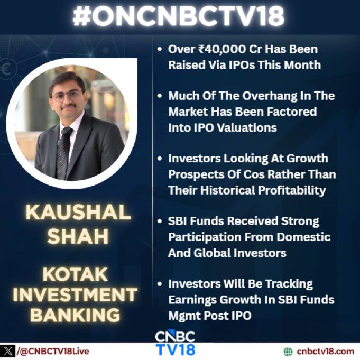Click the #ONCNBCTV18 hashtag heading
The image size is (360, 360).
pyautogui.click(x=178, y=16)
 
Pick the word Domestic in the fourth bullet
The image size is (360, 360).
pyautogui.click(x=303, y=237)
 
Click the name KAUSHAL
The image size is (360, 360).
pyautogui.click(x=78, y=213)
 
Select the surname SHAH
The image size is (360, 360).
pyautogui.click(x=78, y=236)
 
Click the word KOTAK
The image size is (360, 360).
pyautogui.click(x=75, y=274)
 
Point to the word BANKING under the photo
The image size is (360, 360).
pyautogui.click(x=75, y=315)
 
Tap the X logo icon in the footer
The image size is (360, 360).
pyautogui.click(x=8, y=351)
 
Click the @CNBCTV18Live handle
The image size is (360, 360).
pyautogui.click(x=53, y=352)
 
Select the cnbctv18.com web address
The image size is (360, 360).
pyautogui.click(x=325, y=352)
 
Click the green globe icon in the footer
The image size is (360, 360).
pyautogui.click(x=288, y=352)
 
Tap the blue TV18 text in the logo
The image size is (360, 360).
pyautogui.click(x=176, y=349)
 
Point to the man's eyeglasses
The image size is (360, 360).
pyautogui.click(x=67, y=96)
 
